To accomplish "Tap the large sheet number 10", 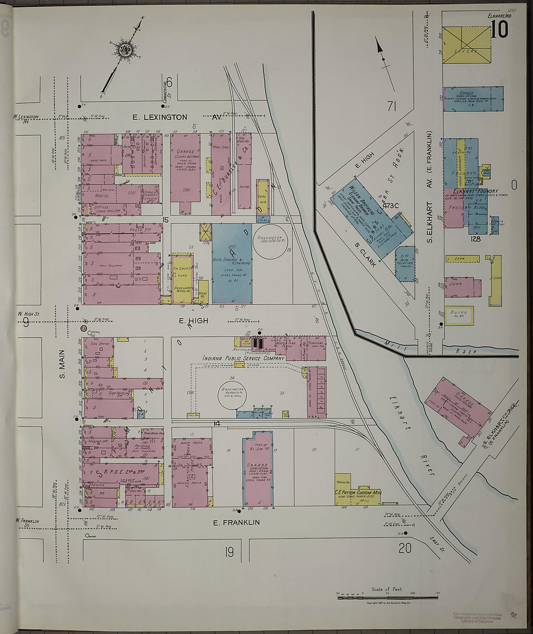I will [500, 30].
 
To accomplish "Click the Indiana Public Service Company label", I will [244, 358].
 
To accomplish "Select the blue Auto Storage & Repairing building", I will [232, 263].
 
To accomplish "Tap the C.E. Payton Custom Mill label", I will [358, 492].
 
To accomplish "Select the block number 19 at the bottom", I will [229, 551].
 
